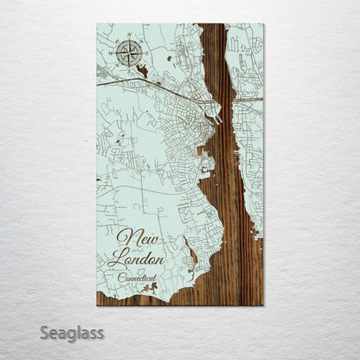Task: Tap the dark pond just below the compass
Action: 141,71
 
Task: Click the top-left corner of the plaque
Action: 97,24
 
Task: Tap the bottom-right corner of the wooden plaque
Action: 263,305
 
